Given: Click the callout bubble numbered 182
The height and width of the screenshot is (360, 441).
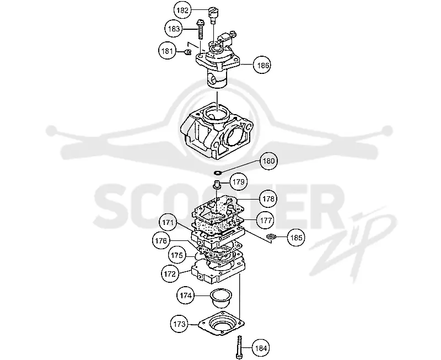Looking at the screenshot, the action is tap(182, 10).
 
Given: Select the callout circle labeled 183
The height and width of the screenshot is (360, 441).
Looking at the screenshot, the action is tap(174, 29).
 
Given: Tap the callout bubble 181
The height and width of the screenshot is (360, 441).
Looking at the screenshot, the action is tap(168, 51).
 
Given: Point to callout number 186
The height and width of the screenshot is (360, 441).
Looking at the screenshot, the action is tap(263, 65).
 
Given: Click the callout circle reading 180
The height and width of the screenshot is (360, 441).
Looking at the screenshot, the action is tap(268, 161).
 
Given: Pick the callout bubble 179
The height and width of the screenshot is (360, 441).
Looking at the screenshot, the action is tap(239, 182).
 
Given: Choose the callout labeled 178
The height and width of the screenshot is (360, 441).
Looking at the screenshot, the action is tap(268, 199).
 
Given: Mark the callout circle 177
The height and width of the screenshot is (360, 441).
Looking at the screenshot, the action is tap(266, 220).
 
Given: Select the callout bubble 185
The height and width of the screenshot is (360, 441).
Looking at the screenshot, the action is tap(296, 238).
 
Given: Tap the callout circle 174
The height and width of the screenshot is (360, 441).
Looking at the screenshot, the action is tap(186, 295).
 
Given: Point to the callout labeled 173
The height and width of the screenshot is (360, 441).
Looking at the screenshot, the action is tap(179, 324).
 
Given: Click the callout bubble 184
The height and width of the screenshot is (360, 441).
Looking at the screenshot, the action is tap(261, 348).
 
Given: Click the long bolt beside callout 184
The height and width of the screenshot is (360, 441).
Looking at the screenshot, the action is tap(240, 347).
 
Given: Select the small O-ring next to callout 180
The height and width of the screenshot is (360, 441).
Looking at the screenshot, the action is tap(217, 172).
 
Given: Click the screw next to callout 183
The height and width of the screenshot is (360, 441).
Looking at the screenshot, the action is tap(200, 29).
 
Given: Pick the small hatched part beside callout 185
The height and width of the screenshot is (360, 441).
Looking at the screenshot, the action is tap(271, 237).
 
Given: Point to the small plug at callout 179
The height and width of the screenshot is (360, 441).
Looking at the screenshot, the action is tap(217, 185).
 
